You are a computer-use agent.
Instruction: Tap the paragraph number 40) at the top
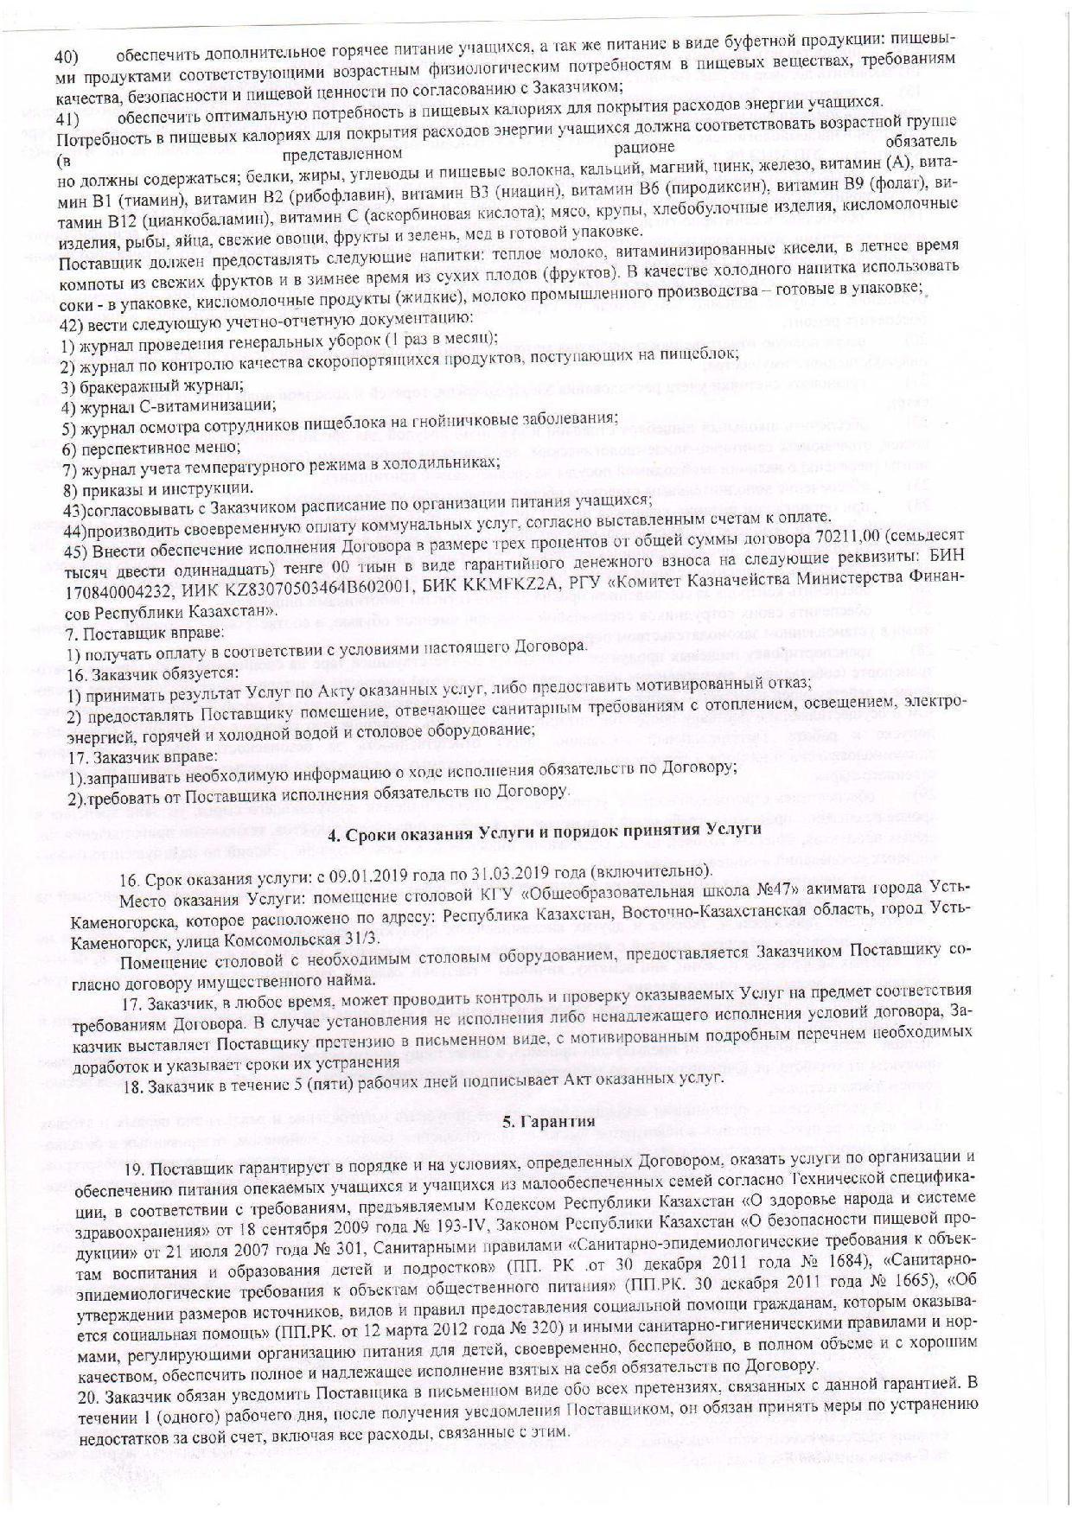click(x=67, y=57)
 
